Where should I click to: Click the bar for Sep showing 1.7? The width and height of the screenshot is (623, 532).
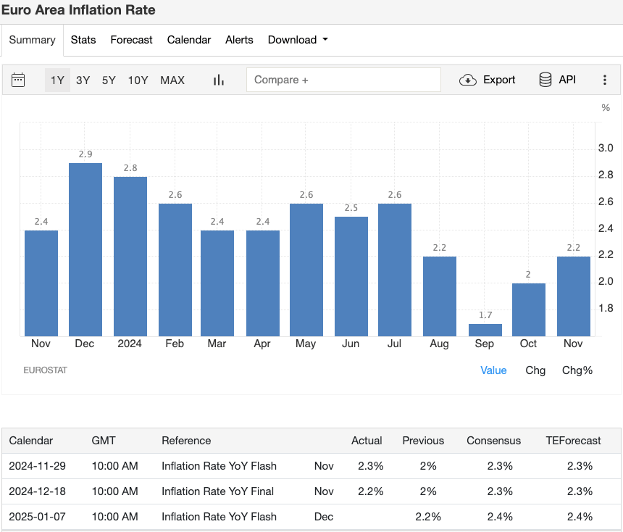point(485,330)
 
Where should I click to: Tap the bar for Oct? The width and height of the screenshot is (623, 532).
point(529,309)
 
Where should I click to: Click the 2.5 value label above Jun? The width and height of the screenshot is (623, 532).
point(351,208)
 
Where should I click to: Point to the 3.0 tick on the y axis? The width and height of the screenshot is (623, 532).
point(606,148)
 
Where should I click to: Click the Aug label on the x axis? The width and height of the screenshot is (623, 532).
point(439,344)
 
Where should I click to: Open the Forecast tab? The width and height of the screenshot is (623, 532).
point(131,40)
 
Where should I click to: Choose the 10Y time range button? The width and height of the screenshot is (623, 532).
point(138,80)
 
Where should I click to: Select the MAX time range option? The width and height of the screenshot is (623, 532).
point(172,80)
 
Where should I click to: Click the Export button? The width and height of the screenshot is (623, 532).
point(488,80)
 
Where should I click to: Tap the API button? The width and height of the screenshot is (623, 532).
point(557,80)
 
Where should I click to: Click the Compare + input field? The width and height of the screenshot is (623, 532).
point(343,80)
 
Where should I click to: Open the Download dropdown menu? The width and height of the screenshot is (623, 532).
point(298,40)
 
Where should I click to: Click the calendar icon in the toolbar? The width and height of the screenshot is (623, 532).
point(19,80)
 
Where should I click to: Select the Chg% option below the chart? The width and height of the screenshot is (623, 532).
point(577,370)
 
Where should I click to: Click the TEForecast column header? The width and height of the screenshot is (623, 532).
point(574,441)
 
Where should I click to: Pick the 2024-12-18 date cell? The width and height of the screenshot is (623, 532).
point(37,491)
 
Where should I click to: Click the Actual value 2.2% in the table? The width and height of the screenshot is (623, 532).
point(370,491)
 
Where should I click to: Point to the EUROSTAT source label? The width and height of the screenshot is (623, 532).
point(45,370)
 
